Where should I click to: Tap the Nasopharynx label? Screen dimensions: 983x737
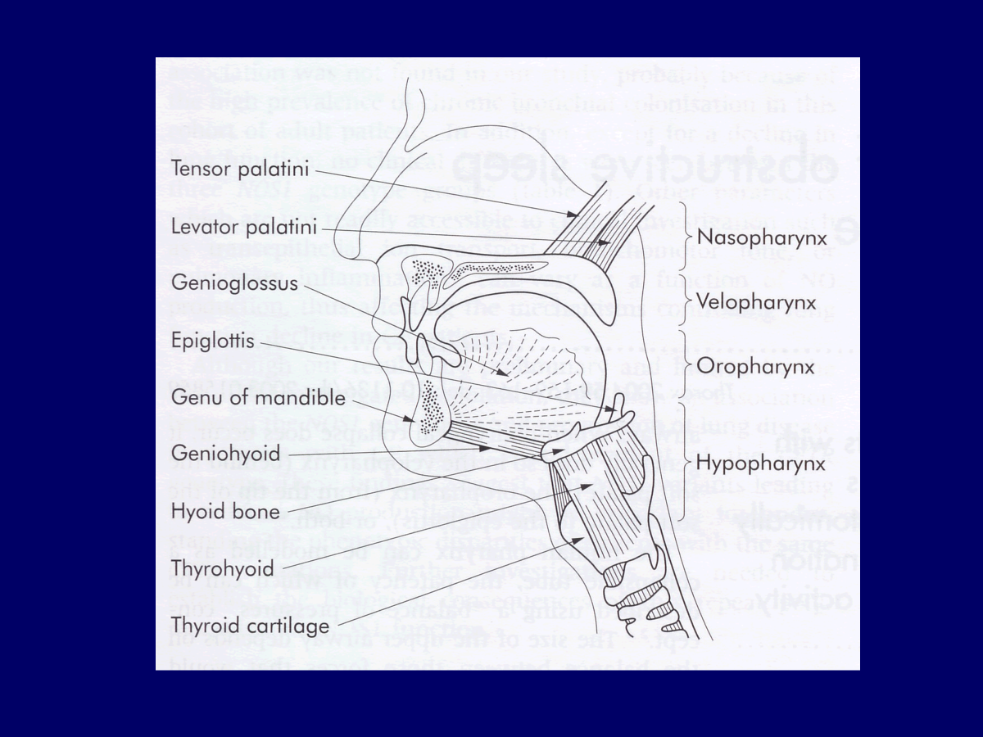(x=759, y=237)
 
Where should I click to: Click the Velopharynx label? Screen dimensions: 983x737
(x=755, y=302)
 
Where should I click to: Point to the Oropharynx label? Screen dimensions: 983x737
(x=755, y=366)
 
